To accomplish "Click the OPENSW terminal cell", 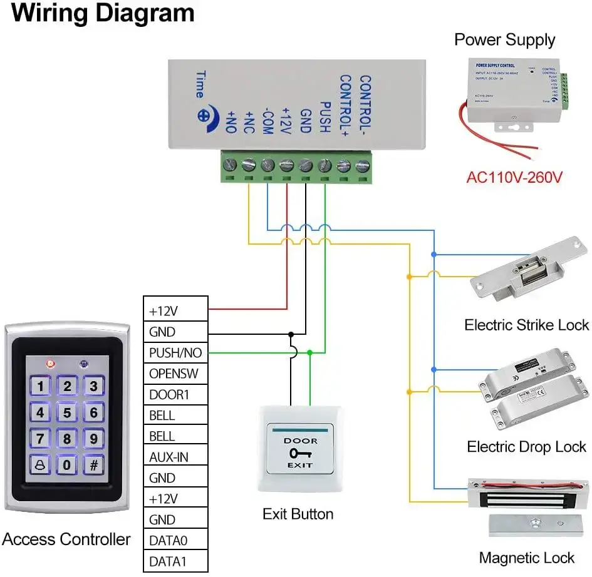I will click(x=175, y=374).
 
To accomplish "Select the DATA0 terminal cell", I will click(x=175, y=540).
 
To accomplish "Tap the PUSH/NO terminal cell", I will click(x=175, y=353).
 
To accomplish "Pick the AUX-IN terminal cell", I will click(x=175, y=457).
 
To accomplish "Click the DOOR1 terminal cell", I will click(x=175, y=394).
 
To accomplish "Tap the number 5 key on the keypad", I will click(x=67, y=412).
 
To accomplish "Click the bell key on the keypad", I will click(x=40, y=464).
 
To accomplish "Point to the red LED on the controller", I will click(x=50, y=363).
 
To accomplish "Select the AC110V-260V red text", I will click(x=514, y=177).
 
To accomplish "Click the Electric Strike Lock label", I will click(x=526, y=325).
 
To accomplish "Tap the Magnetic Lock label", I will click(x=526, y=558).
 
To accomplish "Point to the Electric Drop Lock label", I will click(x=526, y=447).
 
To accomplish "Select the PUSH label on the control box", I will click(x=325, y=117).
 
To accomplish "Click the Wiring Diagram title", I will click(x=103, y=13).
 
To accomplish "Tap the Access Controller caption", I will click(x=66, y=539).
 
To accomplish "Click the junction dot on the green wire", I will click(x=310, y=353).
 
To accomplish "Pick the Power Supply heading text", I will click(x=504, y=40).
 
